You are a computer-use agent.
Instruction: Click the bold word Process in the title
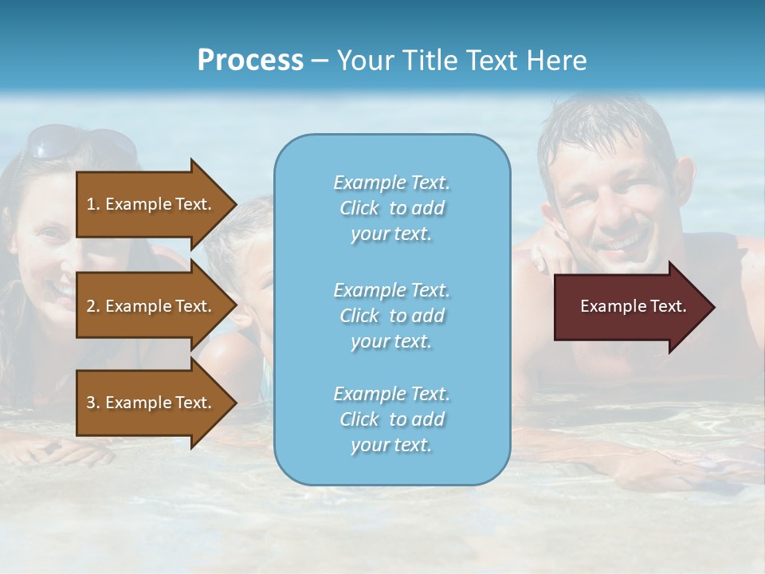click(250, 61)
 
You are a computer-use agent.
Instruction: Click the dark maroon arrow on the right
click(630, 306)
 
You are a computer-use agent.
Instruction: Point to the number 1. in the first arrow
click(93, 204)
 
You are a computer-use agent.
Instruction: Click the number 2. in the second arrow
click(93, 306)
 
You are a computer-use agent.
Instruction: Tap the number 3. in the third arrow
click(93, 403)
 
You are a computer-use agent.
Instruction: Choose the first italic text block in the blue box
click(391, 208)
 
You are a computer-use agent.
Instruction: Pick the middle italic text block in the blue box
click(391, 315)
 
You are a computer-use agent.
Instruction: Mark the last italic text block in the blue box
click(391, 419)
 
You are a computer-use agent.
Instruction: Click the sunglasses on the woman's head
click(80, 142)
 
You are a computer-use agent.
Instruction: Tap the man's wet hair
click(606, 128)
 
